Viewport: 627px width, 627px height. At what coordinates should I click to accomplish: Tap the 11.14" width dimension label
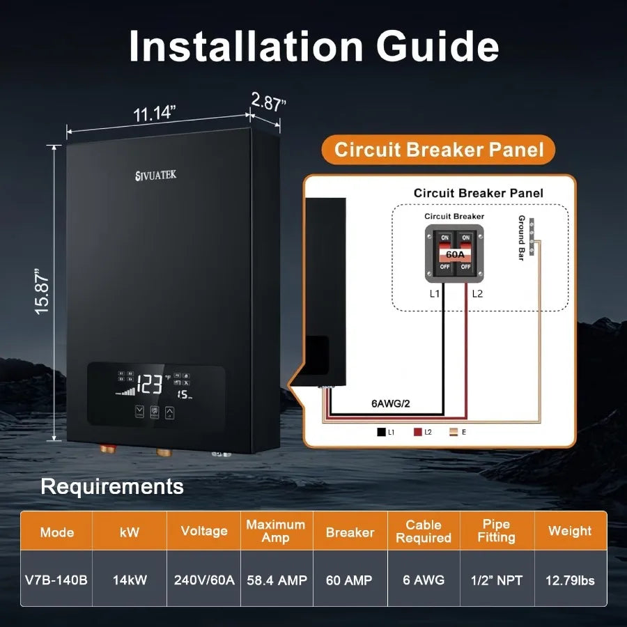coord(154,112)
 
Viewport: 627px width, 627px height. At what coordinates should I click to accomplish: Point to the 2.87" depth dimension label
coord(268,103)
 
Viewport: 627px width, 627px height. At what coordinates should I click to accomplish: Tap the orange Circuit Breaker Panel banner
coord(439,150)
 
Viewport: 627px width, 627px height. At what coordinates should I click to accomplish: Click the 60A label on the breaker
coord(454,254)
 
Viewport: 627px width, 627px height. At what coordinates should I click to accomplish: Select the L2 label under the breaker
coord(477,294)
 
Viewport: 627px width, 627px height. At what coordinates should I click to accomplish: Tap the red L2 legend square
coord(418,432)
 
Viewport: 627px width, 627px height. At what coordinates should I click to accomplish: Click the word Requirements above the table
coord(112,486)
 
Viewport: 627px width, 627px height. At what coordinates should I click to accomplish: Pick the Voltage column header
coord(204,531)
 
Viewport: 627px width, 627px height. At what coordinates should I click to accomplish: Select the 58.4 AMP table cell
coord(277,580)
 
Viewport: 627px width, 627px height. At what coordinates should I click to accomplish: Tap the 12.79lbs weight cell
coord(570,580)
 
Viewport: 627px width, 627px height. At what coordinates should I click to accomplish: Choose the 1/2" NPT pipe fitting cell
coord(497,580)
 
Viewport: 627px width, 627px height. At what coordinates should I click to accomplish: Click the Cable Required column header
coord(424,531)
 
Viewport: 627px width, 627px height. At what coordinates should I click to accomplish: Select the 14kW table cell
coord(130,580)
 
